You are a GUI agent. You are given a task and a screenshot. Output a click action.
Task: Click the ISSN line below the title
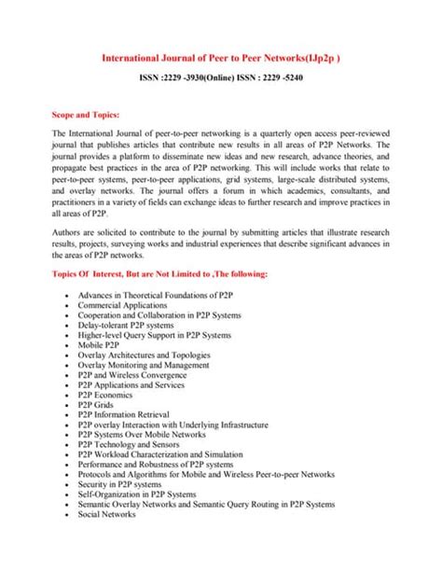[221, 80]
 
